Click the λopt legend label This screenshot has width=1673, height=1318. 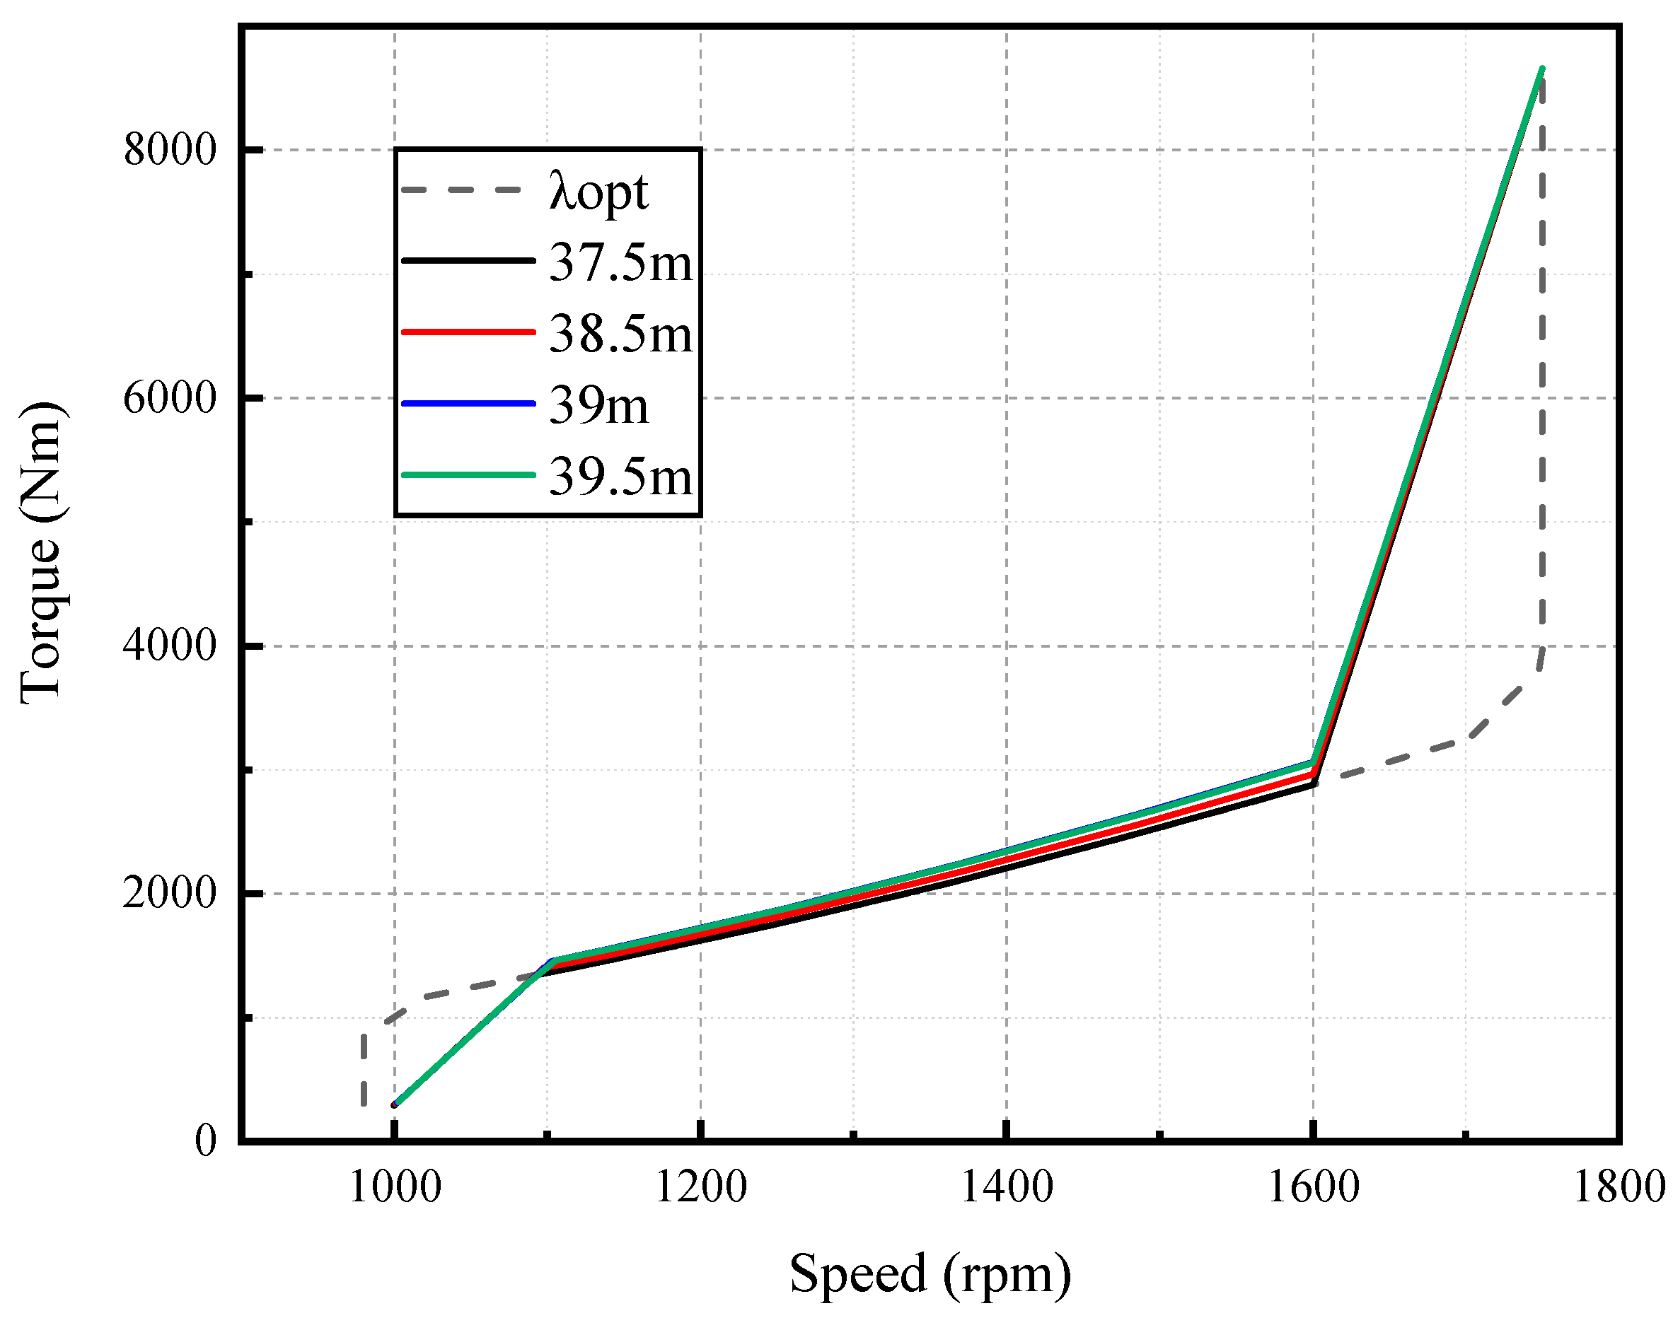[598, 192]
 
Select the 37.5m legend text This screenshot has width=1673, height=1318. [620, 263]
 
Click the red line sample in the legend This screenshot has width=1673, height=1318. [468, 332]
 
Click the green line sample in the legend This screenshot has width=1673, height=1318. [468, 474]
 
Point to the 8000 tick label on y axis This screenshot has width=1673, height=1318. [169, 150]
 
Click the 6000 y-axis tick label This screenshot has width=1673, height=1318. [169, 398]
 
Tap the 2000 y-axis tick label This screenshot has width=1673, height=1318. [169, 894]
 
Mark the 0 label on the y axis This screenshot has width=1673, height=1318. [204, 1141]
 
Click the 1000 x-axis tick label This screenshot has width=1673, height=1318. [395, 1188]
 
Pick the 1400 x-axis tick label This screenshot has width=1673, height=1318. [1006, 1188]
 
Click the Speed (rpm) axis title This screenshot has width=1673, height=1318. [930, 1274]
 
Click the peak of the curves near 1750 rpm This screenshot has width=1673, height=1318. [1541, 69]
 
